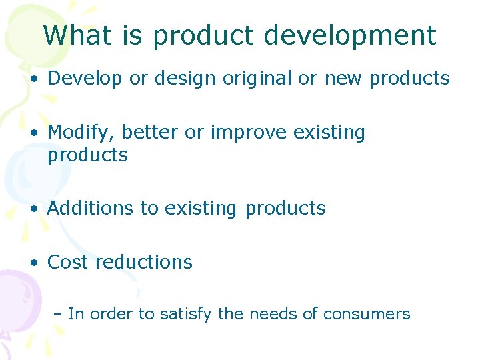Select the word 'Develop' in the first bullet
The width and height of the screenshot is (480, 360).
point(85,79)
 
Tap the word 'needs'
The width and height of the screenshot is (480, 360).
point(274,313)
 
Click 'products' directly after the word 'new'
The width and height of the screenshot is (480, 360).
point(409,79)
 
